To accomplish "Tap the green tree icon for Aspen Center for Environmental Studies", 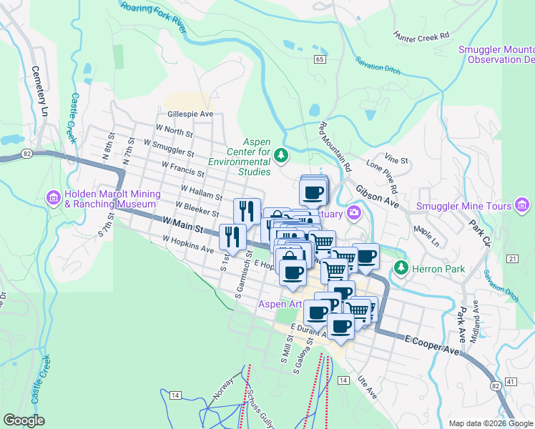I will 282,154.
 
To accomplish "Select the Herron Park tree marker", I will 401,268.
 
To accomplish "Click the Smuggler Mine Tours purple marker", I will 524,207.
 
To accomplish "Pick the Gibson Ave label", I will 376,189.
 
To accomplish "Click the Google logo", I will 24,420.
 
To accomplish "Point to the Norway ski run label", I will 223,390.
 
